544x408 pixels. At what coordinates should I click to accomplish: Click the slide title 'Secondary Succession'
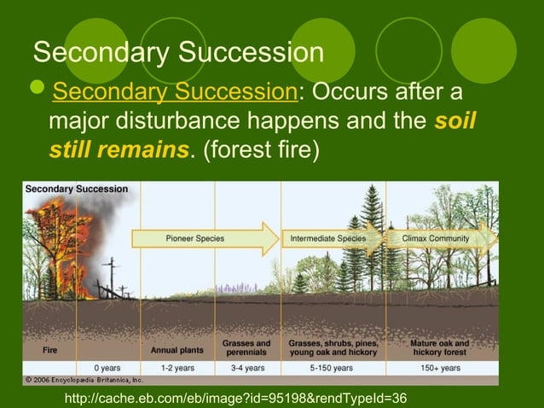click(x=178, y=52)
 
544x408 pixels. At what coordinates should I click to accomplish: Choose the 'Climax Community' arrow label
click(x=435, y=238)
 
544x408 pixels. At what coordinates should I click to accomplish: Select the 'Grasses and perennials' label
click(x=246, y=348)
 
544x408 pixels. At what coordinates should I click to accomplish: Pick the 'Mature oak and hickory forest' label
click(x=441, y=348)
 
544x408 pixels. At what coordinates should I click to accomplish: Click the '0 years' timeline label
click(x=107, y=368)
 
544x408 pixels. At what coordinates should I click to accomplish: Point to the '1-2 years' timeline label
click(x=177, y=368)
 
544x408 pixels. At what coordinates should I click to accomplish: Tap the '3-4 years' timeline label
click(x=246, y=368)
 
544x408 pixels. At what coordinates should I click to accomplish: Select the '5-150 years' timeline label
click(x=332, y=368)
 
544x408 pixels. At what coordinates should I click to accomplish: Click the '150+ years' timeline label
click(x=441, y=368)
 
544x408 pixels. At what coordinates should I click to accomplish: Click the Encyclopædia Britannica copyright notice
click(x=83, y=379)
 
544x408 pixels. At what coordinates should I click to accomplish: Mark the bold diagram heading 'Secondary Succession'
click(x=77, y=189)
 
